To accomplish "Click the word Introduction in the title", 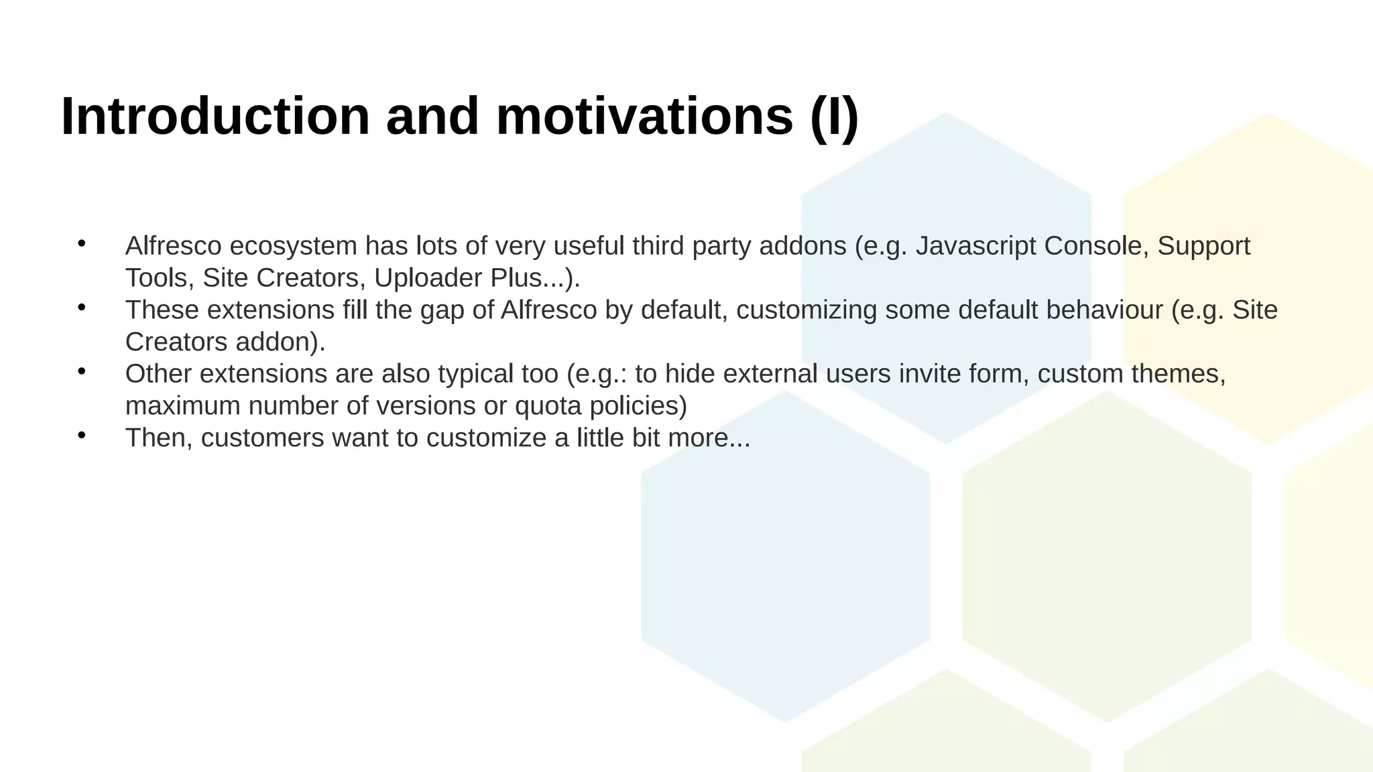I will coord(215,117).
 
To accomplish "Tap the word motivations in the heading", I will coord(644,117).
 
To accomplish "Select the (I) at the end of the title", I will coord(834,118).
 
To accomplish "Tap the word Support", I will coord(1203,247).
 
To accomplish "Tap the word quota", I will coord(548,407).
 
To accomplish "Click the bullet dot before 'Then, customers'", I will coord(82,436).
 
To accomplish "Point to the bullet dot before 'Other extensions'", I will coord(82,371).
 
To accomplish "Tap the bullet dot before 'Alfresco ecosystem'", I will coord(82,243).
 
